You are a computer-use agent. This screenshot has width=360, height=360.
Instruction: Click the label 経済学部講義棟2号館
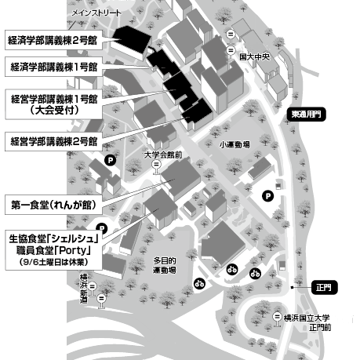pos(53,40)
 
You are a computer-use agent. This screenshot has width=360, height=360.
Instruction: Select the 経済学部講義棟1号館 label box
pos(53,67)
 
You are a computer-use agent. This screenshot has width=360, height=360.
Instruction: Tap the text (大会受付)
pos(54,111)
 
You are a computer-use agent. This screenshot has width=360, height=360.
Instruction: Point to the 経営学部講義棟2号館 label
pos(53,141)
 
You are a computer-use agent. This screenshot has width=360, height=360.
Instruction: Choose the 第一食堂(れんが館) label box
pos(53,205)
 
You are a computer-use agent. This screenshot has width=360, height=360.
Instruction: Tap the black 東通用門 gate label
pos(306,115)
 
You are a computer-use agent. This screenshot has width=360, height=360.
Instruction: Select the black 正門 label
pos(324,288)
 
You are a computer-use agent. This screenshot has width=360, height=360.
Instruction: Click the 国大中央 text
pos(255,57)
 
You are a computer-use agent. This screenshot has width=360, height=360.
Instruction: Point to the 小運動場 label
pos(235,144)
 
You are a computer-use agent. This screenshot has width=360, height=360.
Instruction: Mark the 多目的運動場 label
pos(165,265)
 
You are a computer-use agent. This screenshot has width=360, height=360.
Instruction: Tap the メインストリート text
pos(96,13)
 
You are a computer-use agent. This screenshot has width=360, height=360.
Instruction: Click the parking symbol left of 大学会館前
pos(110,160)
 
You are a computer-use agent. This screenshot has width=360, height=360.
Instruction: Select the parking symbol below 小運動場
pos(267,195)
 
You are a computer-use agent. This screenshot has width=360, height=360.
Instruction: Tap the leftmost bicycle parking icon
pos(199,283)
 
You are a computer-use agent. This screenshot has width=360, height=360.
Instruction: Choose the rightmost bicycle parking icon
pos(255,274)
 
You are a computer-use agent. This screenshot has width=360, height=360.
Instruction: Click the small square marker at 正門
pos(293,288)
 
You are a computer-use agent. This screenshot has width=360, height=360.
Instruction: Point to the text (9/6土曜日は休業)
pos(53,262)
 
